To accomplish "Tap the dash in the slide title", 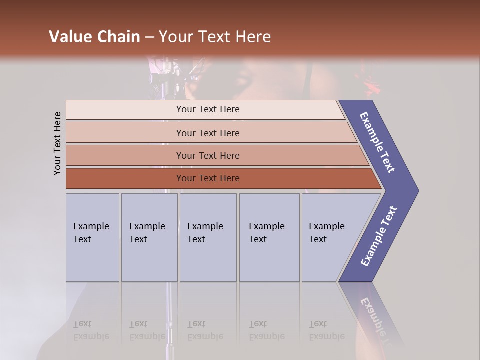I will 149,37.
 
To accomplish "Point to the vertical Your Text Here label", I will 57,143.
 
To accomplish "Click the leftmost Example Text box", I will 92,237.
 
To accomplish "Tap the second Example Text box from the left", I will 149,237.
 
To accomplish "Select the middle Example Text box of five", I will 208,237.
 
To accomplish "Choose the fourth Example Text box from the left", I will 269,237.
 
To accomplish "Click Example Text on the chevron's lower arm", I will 379,236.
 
